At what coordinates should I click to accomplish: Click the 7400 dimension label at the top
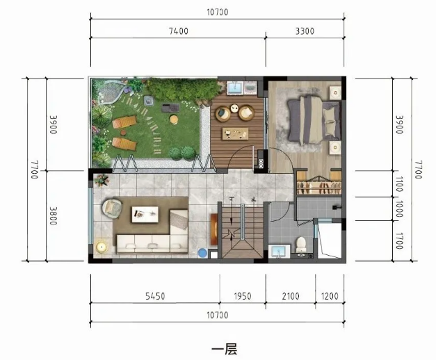pyautogui.click(x=179, y=31)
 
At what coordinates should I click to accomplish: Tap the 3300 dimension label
pyautogui.click(x=305, y=31)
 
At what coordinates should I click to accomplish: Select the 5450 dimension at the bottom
pyautogui.click(x=155, y=296)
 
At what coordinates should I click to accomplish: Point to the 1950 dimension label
pyautogui.click(x=243, y=296)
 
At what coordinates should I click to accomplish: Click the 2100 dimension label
pyautogui.click(x=291, y=296)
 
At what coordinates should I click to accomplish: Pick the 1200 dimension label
pyautogui.click(x=330, y=296)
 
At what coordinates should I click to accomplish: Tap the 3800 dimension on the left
pyautogui.click(x=54, y=215)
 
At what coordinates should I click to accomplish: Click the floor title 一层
pyautogui.click(x=224, y=349)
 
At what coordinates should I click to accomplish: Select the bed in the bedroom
pyautogui.click(x=314, y=120)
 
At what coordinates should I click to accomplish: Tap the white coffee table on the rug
pyautogui.click(x=145, y=214)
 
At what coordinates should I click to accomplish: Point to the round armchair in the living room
pyautogui.click(x=112, y=208)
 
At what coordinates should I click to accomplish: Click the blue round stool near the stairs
pyautogui.click(x=202, y=253)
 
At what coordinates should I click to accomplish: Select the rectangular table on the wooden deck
pyautogui.click(x=235, y=134)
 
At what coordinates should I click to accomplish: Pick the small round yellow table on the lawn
pyautogui.click(x=174, y=120)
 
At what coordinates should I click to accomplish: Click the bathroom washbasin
pyautogui.click(x=279, y=251)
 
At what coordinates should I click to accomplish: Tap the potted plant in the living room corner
pyautogui.click(x=102, y=180)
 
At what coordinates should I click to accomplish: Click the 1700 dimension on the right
pyautogui.click(x=398, y=240)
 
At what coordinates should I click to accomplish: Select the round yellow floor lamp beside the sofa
pyautogui.click(x=101, y=247)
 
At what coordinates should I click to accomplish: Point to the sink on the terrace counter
pyautogui.click(x=235, y=88)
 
